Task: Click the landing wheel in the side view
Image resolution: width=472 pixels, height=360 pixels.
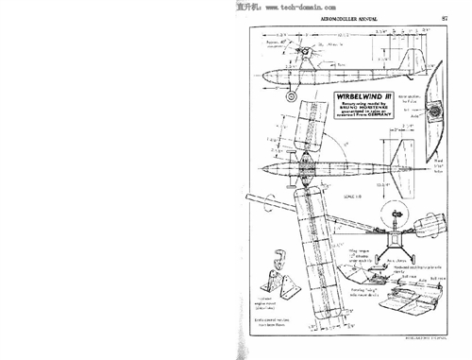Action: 293,95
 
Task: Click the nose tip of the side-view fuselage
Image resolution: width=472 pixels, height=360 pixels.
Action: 256,76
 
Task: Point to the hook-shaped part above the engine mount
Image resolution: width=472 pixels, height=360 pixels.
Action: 279,256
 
